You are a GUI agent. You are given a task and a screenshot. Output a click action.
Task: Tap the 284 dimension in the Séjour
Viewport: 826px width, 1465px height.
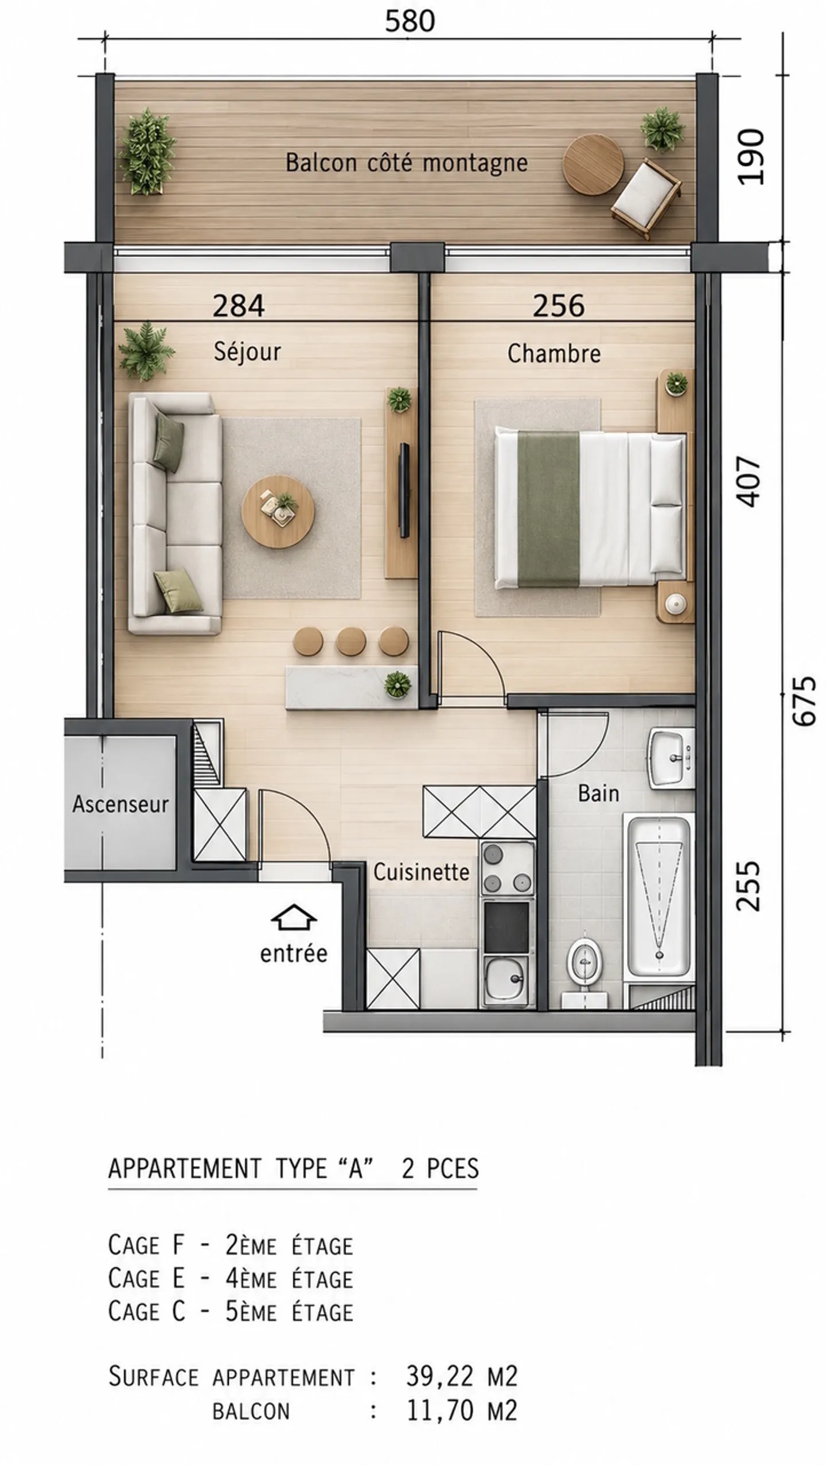(x=239, y=305)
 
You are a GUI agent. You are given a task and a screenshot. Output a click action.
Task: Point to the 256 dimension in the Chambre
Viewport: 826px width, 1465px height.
(x=559, y=305)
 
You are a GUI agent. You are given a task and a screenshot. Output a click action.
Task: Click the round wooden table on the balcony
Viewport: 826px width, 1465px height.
(x=593, y=165)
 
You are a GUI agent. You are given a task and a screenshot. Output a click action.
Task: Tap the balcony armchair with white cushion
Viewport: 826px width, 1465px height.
(x=647, y=198)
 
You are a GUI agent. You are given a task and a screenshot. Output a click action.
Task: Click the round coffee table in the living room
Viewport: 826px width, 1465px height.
(x=278, y=511)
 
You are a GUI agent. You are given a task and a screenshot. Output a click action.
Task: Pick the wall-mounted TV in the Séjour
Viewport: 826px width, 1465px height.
(x=404, y=490)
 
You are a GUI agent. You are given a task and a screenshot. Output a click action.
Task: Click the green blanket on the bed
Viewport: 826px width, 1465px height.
(x=548, y=509)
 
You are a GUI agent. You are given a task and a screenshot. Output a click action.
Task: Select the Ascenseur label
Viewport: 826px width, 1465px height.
(x=120, y=804)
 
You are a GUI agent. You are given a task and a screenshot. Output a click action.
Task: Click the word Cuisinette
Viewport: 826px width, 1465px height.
(x=422, y=872)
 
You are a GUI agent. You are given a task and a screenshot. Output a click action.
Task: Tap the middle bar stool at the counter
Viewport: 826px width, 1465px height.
(x=351, y=641)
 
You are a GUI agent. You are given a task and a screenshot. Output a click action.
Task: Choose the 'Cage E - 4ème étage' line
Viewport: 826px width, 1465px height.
(x=231, y=1279)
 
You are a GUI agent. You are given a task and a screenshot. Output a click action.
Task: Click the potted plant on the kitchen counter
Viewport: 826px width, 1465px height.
(x=398, y=684)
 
